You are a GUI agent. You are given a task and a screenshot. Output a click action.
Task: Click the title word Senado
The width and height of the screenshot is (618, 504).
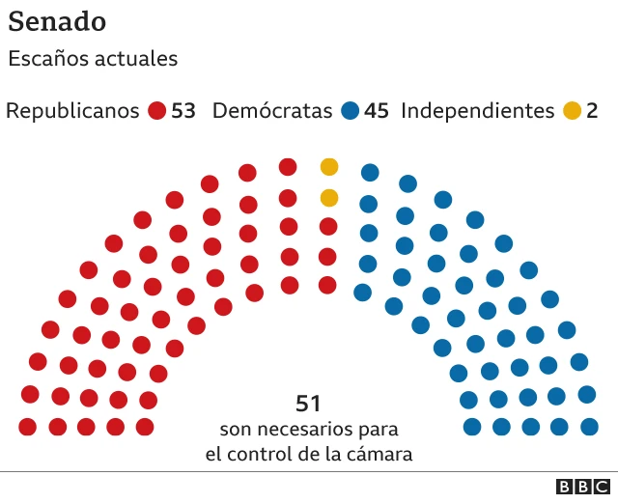coord(57,21)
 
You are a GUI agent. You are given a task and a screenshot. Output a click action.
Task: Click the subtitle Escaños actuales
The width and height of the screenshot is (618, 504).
coord(93,58)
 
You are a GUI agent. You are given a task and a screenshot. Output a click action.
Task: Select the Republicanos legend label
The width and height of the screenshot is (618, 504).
coord(73,110)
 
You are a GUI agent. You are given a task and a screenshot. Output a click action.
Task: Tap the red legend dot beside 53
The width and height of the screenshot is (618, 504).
coord(157,111)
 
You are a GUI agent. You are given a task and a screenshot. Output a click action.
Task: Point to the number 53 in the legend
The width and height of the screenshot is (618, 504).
coord(183,111)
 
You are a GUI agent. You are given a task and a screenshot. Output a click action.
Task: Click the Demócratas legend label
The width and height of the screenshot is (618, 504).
coord(272,110)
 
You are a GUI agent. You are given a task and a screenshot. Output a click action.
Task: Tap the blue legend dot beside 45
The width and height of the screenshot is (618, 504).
coord(351,111)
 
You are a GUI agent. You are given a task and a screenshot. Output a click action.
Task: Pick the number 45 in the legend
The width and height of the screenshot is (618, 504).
coord(377,111)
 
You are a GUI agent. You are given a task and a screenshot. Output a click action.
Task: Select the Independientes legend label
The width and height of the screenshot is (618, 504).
coord(477,110)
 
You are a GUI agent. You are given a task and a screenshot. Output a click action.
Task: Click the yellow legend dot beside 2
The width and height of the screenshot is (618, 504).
coord(573,111)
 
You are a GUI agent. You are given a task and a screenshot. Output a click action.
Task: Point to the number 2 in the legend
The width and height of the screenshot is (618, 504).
coord(592,111)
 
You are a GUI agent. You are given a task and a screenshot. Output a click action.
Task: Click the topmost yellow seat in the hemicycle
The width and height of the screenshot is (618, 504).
coord(329,167)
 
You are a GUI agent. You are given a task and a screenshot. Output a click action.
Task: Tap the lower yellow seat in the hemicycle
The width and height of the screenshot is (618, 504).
coord(329,198)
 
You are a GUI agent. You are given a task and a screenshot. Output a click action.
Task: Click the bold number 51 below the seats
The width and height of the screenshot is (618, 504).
coord(308,404)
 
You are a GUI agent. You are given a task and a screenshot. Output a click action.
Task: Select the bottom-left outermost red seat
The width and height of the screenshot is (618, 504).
coord(27,427)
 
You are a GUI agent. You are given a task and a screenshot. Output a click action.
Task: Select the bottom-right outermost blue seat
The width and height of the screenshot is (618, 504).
coord(589,427)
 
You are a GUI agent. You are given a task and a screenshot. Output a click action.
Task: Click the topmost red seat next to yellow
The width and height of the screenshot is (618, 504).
coord(288,167)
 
